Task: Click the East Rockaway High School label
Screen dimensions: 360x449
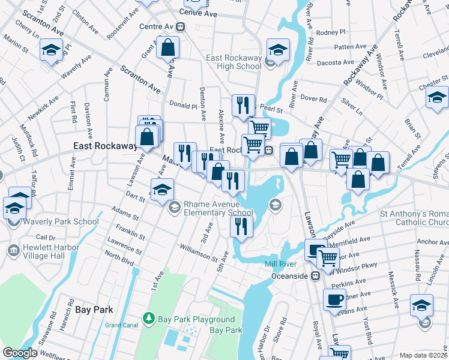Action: click(x=234, y=62)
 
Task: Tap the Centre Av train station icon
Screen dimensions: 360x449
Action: click(x=181, y=27)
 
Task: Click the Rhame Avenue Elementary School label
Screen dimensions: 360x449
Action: click(x=218, y=208)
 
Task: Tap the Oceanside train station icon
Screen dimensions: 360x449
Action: click(x=313, y=276)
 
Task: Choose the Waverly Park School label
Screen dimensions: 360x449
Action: click(x=61, y=221)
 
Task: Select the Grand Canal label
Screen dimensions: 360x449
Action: click(x=121, y=325)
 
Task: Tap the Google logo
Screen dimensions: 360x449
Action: click(x=20, y=353)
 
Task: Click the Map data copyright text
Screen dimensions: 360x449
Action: click(x=423, y=355)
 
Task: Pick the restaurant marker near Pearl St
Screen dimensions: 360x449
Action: click(x=243, y=106)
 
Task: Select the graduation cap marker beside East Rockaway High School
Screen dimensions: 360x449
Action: click(x=278, y=50)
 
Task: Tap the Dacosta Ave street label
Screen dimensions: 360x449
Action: click(x=336, y=62)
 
